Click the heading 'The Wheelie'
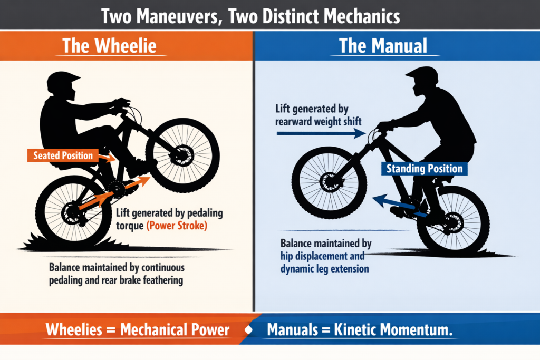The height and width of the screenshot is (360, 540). [x=109, y=45]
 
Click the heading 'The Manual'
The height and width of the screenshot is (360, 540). [x=383, y=45]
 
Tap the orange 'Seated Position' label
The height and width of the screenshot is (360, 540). [x=63, y=155]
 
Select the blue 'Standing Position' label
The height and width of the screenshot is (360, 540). [x=425, y=169]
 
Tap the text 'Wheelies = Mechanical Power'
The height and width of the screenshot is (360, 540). [x=138, y=330]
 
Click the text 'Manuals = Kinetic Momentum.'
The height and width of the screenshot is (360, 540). [x=361, y=330]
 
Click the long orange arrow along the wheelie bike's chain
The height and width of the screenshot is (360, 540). [x=113, y=195]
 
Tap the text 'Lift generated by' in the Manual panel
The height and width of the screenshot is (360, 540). [x=312, y=110]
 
